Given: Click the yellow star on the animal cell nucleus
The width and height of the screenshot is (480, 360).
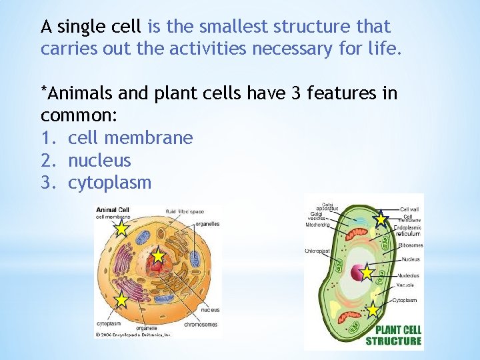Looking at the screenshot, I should (157, 256).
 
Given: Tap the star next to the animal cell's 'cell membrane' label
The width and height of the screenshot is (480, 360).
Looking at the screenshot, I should (121, 229).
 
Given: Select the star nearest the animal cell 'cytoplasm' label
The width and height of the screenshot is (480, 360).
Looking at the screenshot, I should (121, 300).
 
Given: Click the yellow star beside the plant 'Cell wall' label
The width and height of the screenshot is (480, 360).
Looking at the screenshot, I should (381, 219).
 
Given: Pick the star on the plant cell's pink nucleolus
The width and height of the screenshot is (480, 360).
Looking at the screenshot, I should (366, 272).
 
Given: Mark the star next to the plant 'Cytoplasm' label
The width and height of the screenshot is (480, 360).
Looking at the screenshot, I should (373, 310).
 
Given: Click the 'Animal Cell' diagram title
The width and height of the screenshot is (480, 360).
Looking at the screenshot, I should (113, 209).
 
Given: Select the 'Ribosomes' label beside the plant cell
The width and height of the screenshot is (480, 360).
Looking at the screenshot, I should (410, 245).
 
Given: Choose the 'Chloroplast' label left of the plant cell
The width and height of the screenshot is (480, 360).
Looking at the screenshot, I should (318, 251).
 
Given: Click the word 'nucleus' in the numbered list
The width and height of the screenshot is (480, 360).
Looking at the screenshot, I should (99, 161).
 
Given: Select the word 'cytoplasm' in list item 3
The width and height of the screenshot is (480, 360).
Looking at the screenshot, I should (109, 183).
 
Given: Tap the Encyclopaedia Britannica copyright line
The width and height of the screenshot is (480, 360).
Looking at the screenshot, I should (133, 335).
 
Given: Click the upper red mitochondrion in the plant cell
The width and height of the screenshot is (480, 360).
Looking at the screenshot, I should (351, 235).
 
